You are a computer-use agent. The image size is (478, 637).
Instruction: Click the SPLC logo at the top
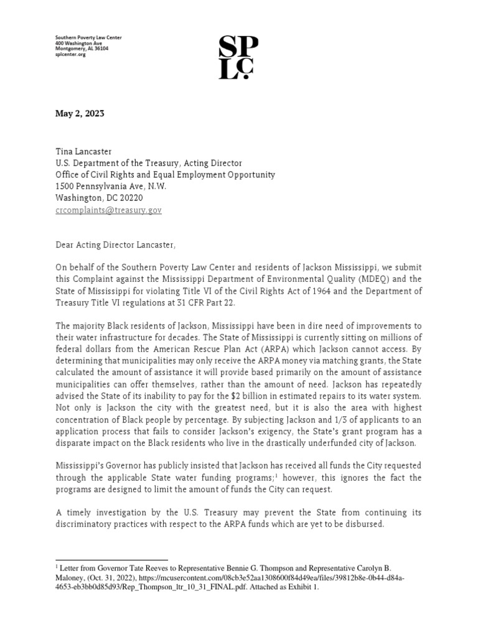coord(238,57)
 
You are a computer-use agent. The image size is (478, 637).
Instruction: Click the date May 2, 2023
coord(80,113)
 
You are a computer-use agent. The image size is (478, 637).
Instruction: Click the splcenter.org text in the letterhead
coord(70,55)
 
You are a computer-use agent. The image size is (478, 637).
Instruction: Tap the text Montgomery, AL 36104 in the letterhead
coord(82,49)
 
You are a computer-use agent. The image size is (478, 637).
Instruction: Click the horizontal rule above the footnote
coord(112,560)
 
